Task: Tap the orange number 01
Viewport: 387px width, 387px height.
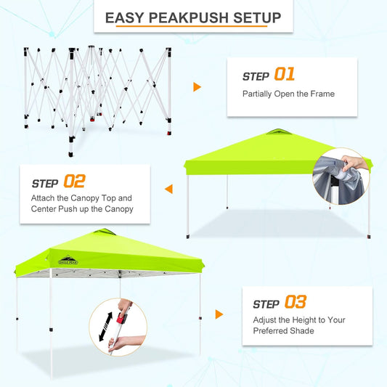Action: click(285, 76)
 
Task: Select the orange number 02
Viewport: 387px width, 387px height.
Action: click(75, 181)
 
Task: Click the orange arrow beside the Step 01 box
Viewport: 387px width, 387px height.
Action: click(197, 87)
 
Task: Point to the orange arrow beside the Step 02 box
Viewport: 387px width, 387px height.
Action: click(168, 190)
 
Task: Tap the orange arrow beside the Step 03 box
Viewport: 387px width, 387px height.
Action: click(219, 314)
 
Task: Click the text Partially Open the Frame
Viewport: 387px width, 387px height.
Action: click(289, 94)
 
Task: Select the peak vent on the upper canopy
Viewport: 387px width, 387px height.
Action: click(276, 132)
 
